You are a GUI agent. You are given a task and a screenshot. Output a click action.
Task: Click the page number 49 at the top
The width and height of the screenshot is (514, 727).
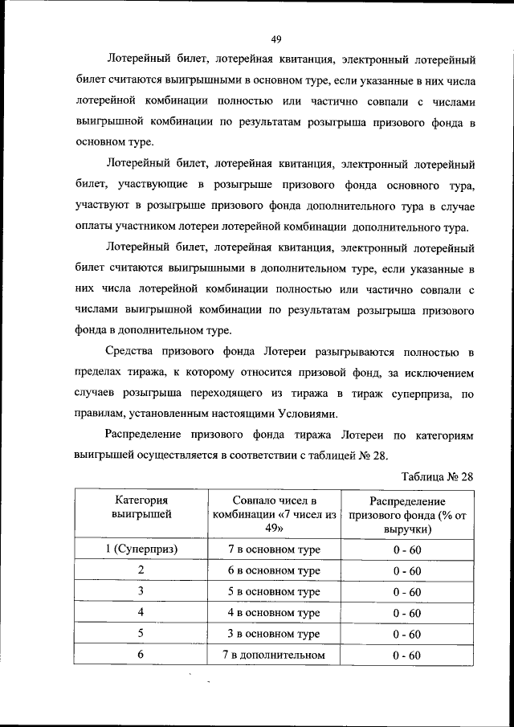[x=275, y=39]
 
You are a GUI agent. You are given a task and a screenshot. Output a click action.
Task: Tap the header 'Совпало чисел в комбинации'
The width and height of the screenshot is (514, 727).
[x=275, y=514]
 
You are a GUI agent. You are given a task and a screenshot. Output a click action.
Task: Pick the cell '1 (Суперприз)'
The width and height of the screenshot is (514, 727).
[x=141, y=549]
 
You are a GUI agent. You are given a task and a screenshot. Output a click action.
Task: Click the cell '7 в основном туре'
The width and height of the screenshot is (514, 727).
[x=275, y=549]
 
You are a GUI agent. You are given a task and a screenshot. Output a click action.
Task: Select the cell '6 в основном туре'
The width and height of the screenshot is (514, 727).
[x=275, y=570]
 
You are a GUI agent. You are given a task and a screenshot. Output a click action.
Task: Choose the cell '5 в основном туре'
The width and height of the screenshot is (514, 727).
[x=275, y=592]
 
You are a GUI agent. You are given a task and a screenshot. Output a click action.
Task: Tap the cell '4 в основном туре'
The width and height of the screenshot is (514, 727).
[x=275, y=613]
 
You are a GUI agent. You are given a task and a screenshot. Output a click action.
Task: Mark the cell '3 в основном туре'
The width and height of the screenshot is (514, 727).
[x=275, y=634]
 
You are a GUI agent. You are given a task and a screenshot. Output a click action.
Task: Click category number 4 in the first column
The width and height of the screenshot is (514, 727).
[x=141, y=613]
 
